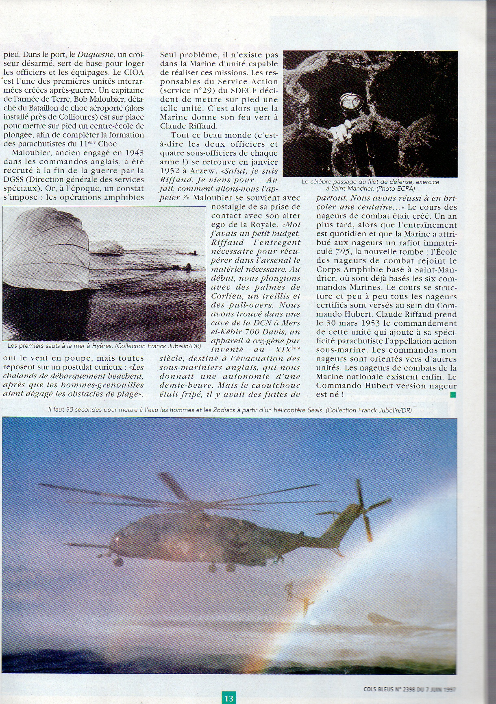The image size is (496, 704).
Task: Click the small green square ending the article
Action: pos(453,395)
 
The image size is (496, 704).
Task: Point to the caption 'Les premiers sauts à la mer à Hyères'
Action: pos(104,346)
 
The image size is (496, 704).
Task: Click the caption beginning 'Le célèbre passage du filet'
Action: pos(370,185)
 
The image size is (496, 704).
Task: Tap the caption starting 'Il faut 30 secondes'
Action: pos(230,410)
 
